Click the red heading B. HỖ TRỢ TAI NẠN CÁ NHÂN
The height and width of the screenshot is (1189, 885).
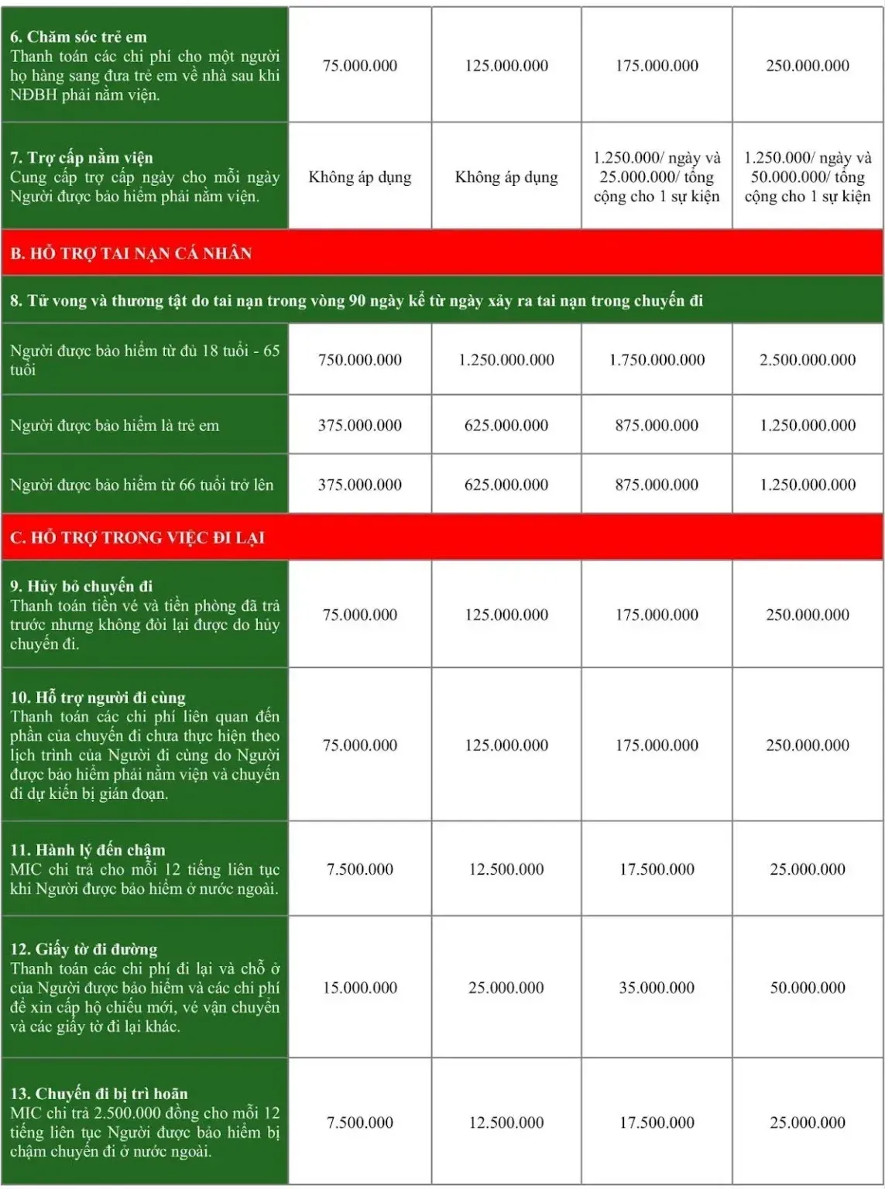click(x=131, y=253)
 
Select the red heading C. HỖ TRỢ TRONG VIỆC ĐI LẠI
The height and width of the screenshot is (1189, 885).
click(x=137, y=537)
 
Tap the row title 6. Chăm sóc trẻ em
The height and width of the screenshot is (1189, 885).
click(x=78, y=36)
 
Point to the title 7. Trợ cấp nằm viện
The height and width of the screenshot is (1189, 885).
click(x=81, y=158)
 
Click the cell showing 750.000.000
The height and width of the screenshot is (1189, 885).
click(x=359, y=360)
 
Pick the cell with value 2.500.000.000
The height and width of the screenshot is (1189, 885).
click(x=807, y=360)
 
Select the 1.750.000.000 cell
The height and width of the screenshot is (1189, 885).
click(x=657, y=360)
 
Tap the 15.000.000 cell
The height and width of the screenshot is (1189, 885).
click(x=359, y=988)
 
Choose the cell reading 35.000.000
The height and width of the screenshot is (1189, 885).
click(x=657, y=988)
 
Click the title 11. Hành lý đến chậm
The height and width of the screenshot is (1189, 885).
click(x=87, y=850)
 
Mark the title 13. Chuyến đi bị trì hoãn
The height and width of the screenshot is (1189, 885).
click(x=99, y=1094)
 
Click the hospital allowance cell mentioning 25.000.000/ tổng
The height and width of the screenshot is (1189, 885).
click(x=657, y=177)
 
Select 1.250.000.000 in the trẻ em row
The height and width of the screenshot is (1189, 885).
click(x=807, y=425)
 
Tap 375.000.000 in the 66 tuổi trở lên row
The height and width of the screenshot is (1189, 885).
click(x=359, y=485)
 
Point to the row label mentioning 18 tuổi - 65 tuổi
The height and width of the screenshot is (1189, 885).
click(x=144, y=360)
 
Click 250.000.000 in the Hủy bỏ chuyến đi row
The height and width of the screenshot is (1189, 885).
click(x=807, y=615)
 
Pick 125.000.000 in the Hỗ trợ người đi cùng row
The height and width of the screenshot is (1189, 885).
click(x=506, y=745)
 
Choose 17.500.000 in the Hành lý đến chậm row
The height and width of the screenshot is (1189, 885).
click(x=657, y=869)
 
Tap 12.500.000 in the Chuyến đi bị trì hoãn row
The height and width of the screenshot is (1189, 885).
click(x=506, y=1122)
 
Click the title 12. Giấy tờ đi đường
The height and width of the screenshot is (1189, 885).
click(x=84, y=949)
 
